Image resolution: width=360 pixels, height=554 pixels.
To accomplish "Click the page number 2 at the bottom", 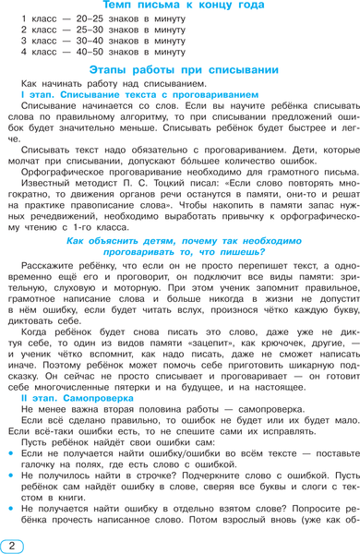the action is pyautogui.click(x=11, y=546).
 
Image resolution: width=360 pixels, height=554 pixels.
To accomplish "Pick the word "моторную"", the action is pyautogui.click(x=121, y=286).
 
